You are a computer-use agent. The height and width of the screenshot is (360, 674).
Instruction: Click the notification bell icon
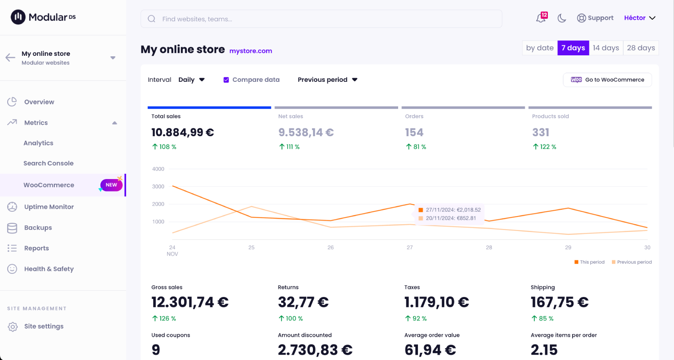541,18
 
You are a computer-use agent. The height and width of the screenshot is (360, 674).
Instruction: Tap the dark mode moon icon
562,18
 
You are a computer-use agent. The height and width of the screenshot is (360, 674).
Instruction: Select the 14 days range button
606,48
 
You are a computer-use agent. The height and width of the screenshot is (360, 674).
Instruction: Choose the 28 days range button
641,48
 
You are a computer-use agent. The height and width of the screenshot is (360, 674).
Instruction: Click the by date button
540,48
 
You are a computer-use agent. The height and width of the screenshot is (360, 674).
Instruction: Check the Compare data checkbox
226,80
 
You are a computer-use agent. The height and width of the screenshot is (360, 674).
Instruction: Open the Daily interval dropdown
192,80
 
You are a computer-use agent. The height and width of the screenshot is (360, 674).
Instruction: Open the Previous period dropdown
327,80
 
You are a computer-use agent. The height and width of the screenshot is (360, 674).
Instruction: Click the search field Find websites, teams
321,19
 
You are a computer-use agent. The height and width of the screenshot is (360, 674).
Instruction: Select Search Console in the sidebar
49,163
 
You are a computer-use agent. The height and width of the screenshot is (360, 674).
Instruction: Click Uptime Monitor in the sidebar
49,207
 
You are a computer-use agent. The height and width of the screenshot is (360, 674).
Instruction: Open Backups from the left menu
38,228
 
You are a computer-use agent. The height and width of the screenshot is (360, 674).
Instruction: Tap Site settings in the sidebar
44,326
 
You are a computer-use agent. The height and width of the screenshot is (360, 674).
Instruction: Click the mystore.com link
251,51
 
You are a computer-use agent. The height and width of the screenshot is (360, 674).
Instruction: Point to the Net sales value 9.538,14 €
306,132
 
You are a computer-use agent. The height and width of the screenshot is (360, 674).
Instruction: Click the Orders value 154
414,132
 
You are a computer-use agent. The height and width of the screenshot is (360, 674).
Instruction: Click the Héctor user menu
640,18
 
